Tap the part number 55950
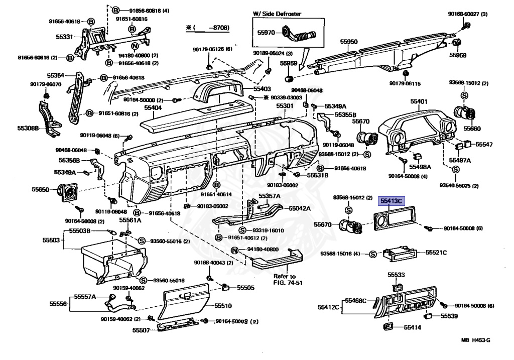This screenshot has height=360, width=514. (x=348, y=42)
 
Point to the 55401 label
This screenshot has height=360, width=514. (x=419, y=102)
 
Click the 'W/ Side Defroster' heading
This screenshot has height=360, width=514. (x=277, y=14)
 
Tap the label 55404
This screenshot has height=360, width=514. (x=153, y=108)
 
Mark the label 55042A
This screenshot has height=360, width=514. (x=299, y=208)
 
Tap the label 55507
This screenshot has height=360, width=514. (x=141, y=330)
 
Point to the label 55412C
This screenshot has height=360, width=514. (x=328, y=306)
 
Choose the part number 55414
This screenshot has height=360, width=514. (x=413, y=327)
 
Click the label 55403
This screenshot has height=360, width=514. (x=262, y=88)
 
